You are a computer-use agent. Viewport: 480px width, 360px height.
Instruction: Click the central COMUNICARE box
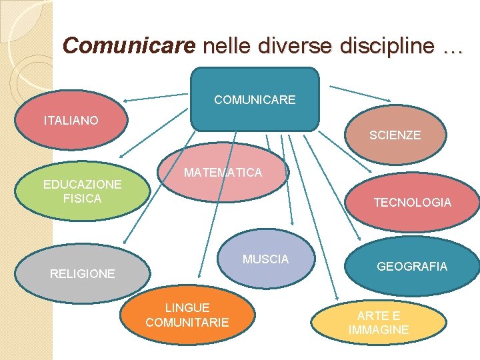pos(255,99)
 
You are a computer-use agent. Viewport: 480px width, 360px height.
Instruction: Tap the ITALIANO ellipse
pos(71,121)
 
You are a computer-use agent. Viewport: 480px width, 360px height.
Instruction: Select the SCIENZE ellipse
pos(395,135)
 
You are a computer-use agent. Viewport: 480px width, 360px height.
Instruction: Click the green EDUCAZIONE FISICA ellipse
pos(82,191)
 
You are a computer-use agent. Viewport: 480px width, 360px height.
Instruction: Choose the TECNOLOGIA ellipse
pos(412,202)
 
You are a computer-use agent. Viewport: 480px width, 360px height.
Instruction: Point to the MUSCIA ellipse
pos(266,259)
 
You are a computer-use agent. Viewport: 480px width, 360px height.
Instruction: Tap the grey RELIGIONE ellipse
pos(83,273)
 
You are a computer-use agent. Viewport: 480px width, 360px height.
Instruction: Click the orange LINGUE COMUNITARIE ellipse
pos(187,315)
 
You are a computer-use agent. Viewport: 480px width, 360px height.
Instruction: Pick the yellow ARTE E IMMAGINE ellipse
pos(379,323)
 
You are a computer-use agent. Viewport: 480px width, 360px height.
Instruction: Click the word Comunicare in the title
pos(129,45)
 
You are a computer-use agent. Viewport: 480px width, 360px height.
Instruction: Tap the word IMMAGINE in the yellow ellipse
pos(379,330)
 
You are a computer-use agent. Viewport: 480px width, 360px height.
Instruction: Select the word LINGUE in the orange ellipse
pos(187,307)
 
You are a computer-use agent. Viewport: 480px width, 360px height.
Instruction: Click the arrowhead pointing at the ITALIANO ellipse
pos(127,101)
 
